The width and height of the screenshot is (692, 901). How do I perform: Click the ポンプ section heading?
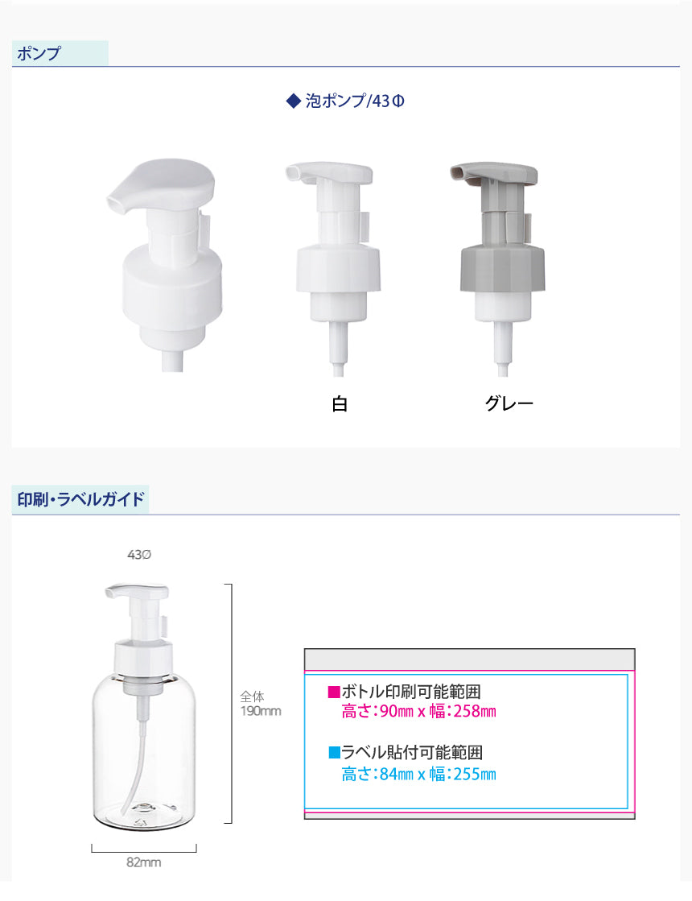pyautogui.click(x=39, y=53)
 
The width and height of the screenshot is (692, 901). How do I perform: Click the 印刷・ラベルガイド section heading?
pyautogui.click(x=80, y=498)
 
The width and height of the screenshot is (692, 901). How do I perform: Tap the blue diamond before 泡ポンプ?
pyautogui.click(x=294, y=101)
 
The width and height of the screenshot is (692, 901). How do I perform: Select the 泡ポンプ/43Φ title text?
pyautogui.click(x=355, y=101)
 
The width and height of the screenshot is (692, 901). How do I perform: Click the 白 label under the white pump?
pyautogui.click(x=340, y=403)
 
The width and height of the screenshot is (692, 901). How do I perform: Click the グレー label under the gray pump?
pyautogui.click(x=509, y=403)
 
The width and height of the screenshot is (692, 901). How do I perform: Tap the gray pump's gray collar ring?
pyautogui.click(x=502, y=268)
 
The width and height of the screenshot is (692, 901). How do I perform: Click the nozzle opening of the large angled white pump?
pyautogui.click(x=114, y=202)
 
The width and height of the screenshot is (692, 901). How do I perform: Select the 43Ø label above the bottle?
pyautogui.click(x=139, y=555)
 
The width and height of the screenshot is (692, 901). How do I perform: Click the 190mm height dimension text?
pyautogui.click(x=261, y=711)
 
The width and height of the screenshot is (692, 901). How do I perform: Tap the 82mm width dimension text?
pyautogui.click(x=143, y=862)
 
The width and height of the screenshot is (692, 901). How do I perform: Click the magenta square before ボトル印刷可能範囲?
pyautogui.click(x=334, y=692)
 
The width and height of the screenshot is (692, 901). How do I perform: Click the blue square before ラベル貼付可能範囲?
pyautogui.click(x=334, y=752)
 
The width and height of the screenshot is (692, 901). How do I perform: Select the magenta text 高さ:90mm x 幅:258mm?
pyautogui.click(x=418, y=711)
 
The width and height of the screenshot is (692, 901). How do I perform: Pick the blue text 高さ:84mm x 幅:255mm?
pyautogui.click(x=418, y=774)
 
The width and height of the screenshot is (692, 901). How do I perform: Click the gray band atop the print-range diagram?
pyautogui.click(x=469, y=659)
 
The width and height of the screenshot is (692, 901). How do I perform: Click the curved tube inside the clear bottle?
pyautogui.click(x=138, y=747)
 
